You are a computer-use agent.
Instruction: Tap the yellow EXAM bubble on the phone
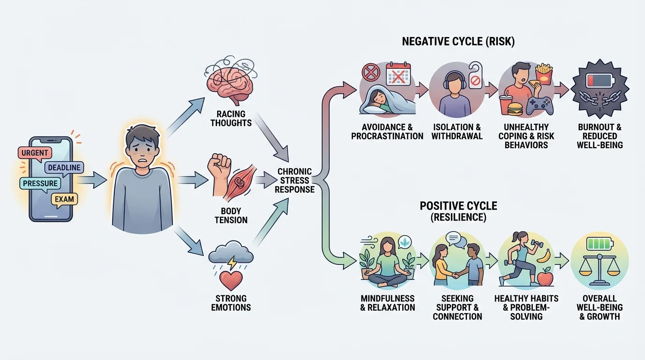click(x=64, y=199)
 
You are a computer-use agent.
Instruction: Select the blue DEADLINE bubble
click(x=63, y=168)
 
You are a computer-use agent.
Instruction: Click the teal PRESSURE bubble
click(x=40, y=183)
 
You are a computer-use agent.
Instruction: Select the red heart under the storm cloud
click(x=231, y=280)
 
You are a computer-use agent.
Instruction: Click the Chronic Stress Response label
click(x=294, y=180)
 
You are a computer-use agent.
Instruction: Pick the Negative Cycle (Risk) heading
click(x=458, y=42)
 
